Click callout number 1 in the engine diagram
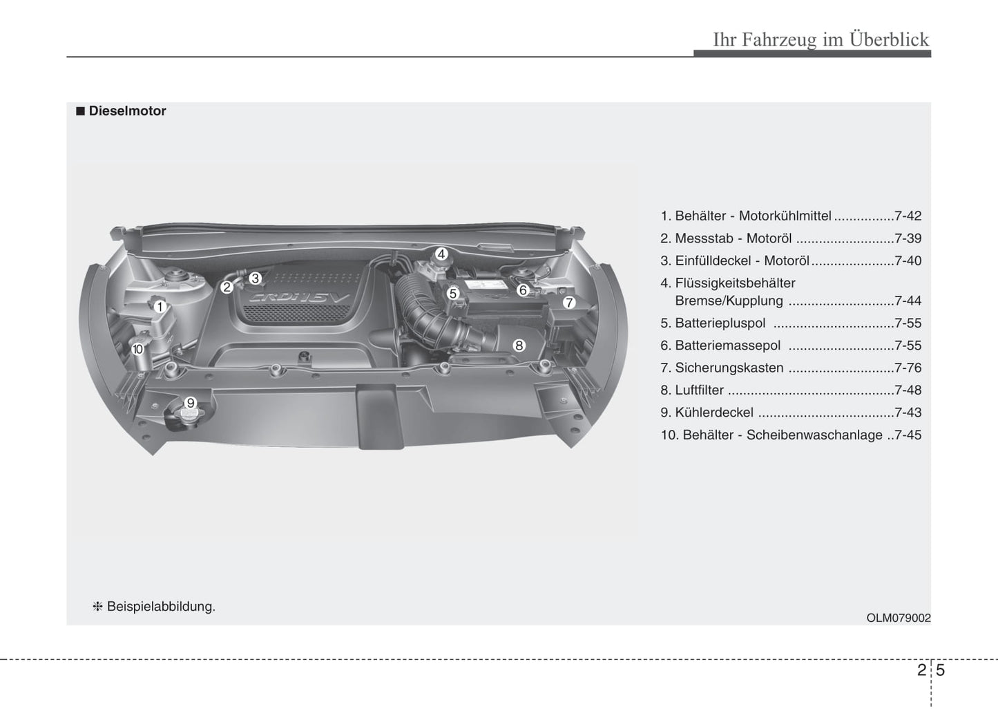pyautogui.click(x=160, y=307)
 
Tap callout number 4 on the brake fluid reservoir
pyautogui.click(x=441, y=254)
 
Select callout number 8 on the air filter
pyautogui.click(x=519, y=346)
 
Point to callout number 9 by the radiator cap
pyautogui.click(x=191, y=403)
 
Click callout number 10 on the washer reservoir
pyautogui.click(x=137, y=349)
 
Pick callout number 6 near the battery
pyautogui.click(x=523, y=290)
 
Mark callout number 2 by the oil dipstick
pyautogui.click(x=227, y=287)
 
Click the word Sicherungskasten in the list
pyautogui.click(x=729, y=368)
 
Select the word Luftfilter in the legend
pyautogui.click(x=700, y=390)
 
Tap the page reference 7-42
pyautogui.click(x=908, y=216)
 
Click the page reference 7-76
pyautogui.click(x=908, y=368)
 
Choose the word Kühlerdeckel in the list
pyautogui.click(x=714, y=413)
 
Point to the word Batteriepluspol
pyautogui.click(x=720, y=323)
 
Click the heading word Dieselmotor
pyautogui.click(x=127, y=111)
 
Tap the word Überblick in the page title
pyautogui.click(x=889, y=39)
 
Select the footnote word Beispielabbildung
pyautogui.click(x=161, y=607)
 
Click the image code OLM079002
pyautogui.click(x=899, y=618)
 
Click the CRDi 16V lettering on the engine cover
pyautogui.click(x=299, y=298)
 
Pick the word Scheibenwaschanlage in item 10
pyautogui.click(x=814, y=435)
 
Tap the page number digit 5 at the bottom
pyautogui.click(x=941, y=670)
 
